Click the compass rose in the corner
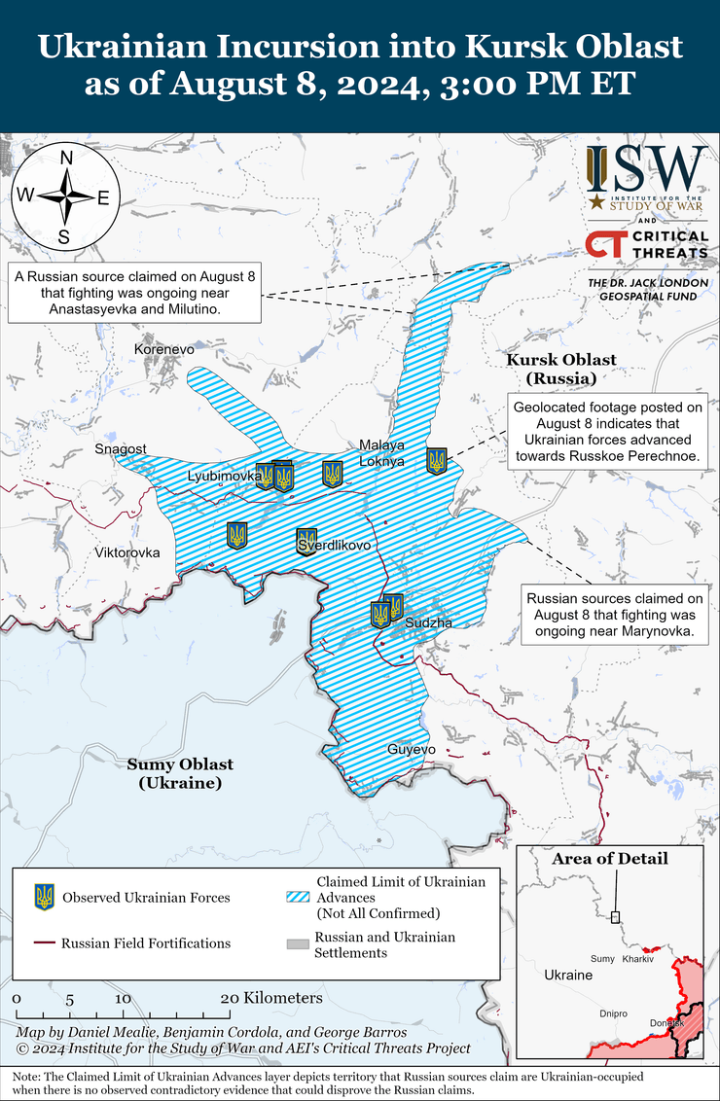(x=65, y=195)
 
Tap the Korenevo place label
(x=165, y=347)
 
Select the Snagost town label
(x=121, y=448)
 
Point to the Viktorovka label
(x=126, y=552)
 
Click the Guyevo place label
(x=412, y=749)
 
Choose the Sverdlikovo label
(x=335, y=546)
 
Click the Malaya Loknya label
(x=381, y=453)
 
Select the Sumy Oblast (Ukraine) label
(x=180, y=773)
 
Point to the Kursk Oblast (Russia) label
(x=560, y=369)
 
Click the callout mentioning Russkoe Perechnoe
(x=607, y=432)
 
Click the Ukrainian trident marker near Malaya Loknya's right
(x=437, y=461)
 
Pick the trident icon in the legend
(x=44, y=897)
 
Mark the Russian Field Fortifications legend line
(x=44, y=942)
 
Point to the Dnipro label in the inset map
(x=613, y=1012)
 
